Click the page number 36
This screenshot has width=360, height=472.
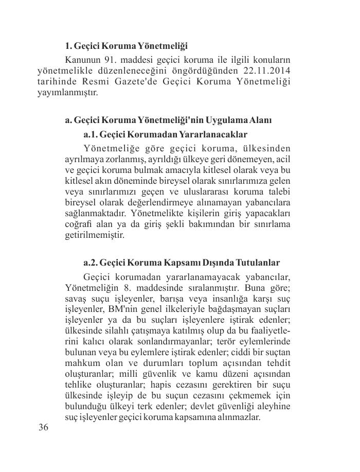point(44,428)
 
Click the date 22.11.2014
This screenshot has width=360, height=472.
point(262,71)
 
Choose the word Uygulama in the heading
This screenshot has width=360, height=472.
point(228,120)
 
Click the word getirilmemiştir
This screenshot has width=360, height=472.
point(95,235)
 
